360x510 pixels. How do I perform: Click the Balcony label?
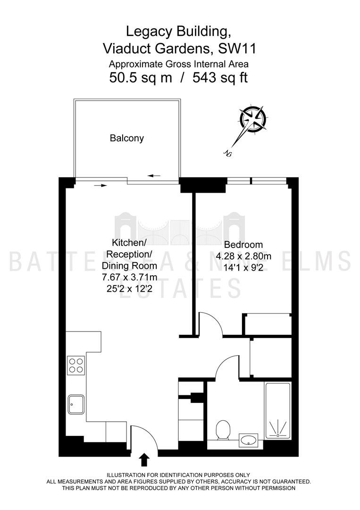(127, 138)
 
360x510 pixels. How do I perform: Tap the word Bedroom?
(243, 245)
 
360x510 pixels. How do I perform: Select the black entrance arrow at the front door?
(144, 460)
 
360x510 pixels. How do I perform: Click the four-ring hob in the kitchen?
(76, 365)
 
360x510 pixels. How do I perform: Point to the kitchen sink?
(76, 404)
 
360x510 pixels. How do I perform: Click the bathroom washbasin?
(248, 441)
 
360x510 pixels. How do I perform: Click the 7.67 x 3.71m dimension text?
(129, 277)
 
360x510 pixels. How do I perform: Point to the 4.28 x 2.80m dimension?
(243, 256)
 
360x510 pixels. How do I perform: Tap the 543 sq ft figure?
(220, 78)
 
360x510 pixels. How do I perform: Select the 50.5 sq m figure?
(140, 78)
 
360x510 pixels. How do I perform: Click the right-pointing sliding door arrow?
(100, 186)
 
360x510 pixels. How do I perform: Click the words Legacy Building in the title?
(178, 32)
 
